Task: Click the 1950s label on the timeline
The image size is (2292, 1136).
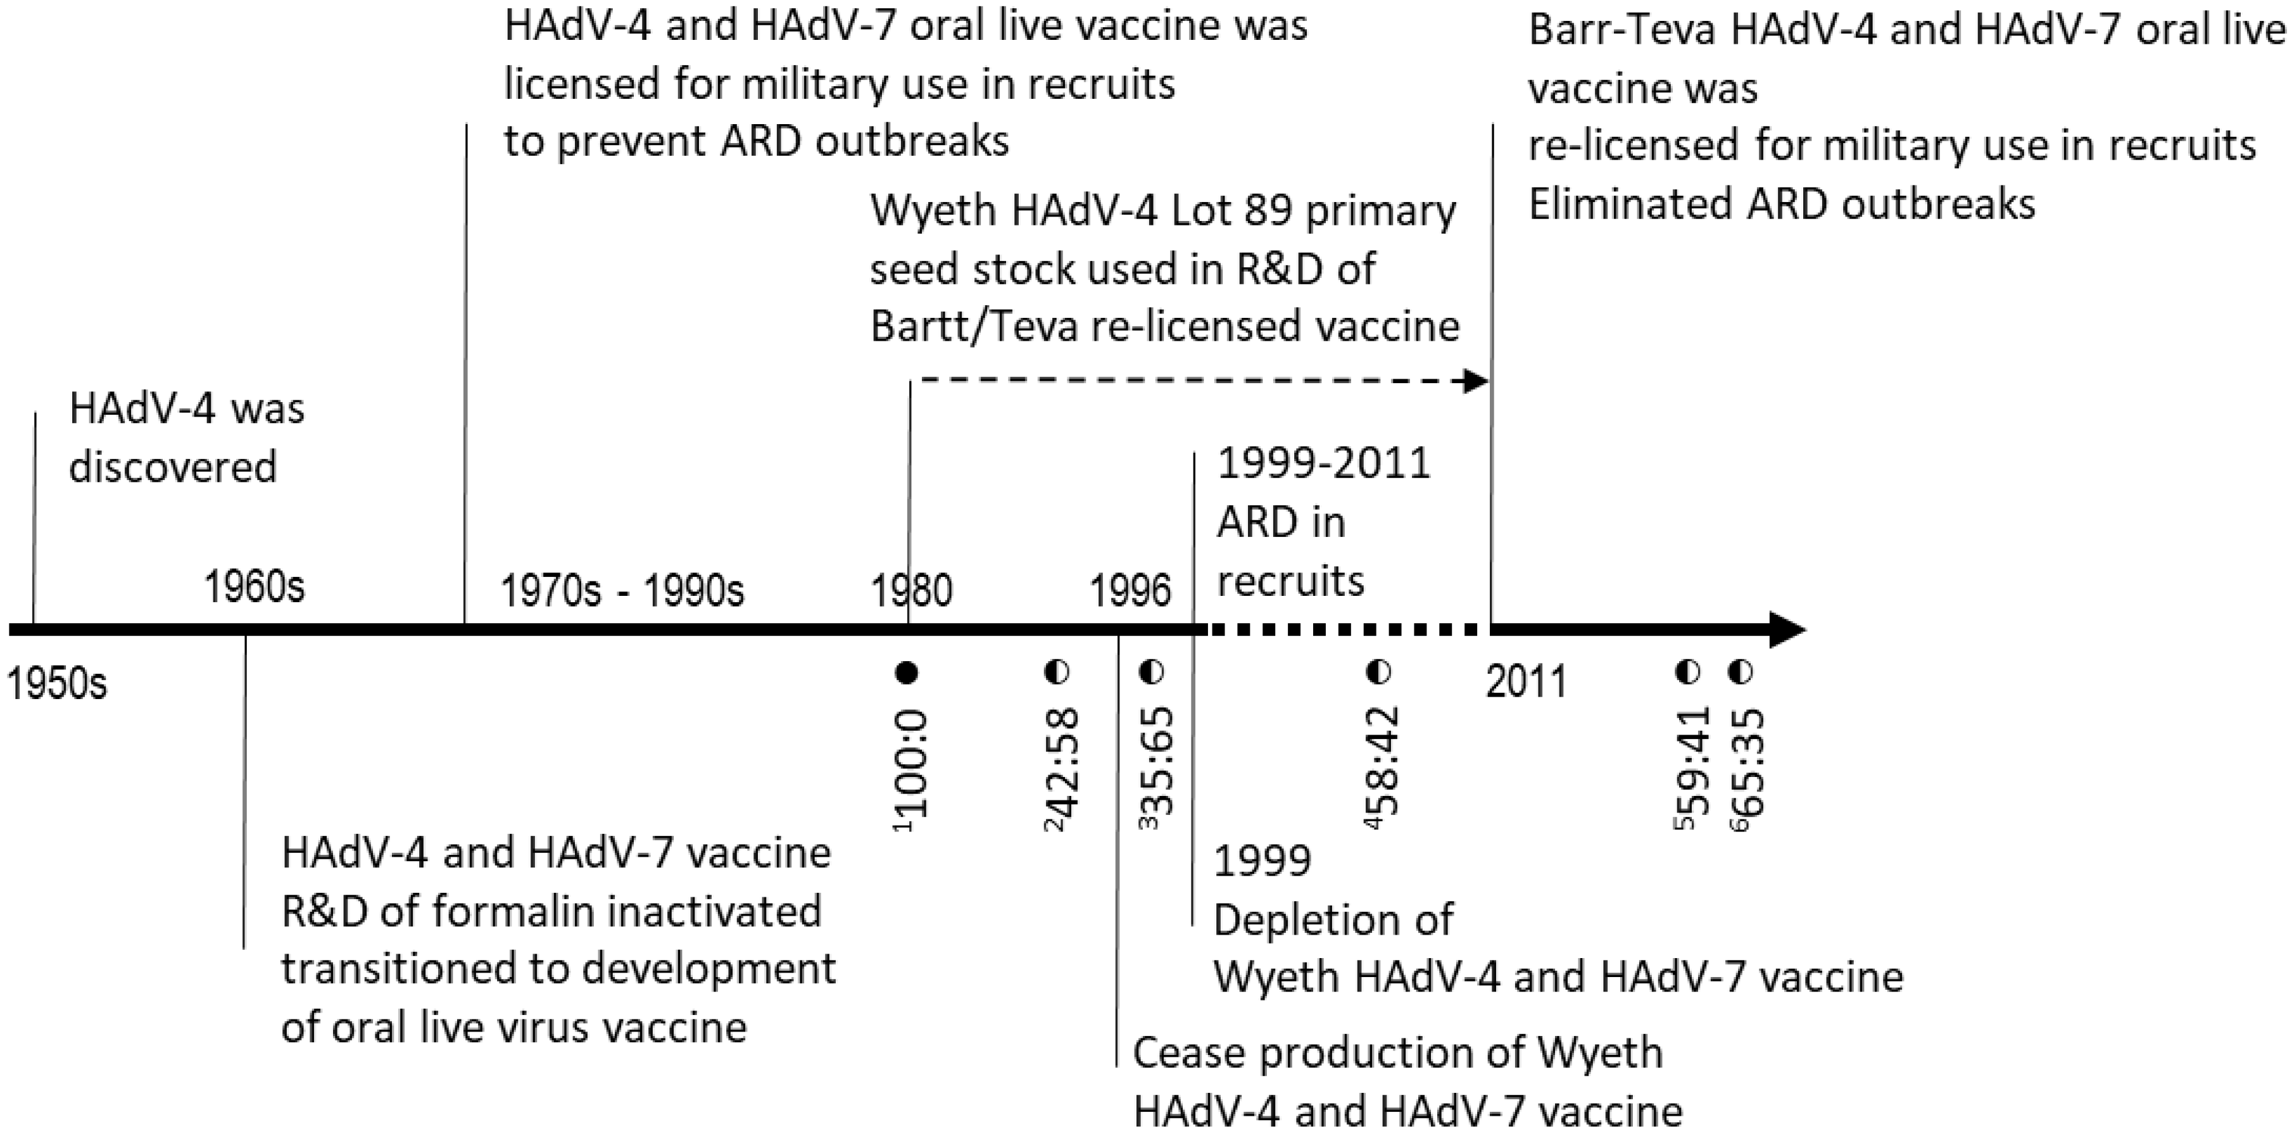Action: point(56,684)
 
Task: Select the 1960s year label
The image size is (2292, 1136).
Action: point(255,588)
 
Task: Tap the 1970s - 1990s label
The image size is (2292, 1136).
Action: point(622,591)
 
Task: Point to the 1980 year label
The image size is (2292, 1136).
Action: point(911,591)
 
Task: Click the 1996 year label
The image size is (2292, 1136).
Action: point(1130,591)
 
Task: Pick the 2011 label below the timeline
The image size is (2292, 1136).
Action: point(1526,683)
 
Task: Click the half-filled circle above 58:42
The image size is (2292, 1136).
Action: point(1378,672)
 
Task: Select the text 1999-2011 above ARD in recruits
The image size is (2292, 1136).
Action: point(1323,464)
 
